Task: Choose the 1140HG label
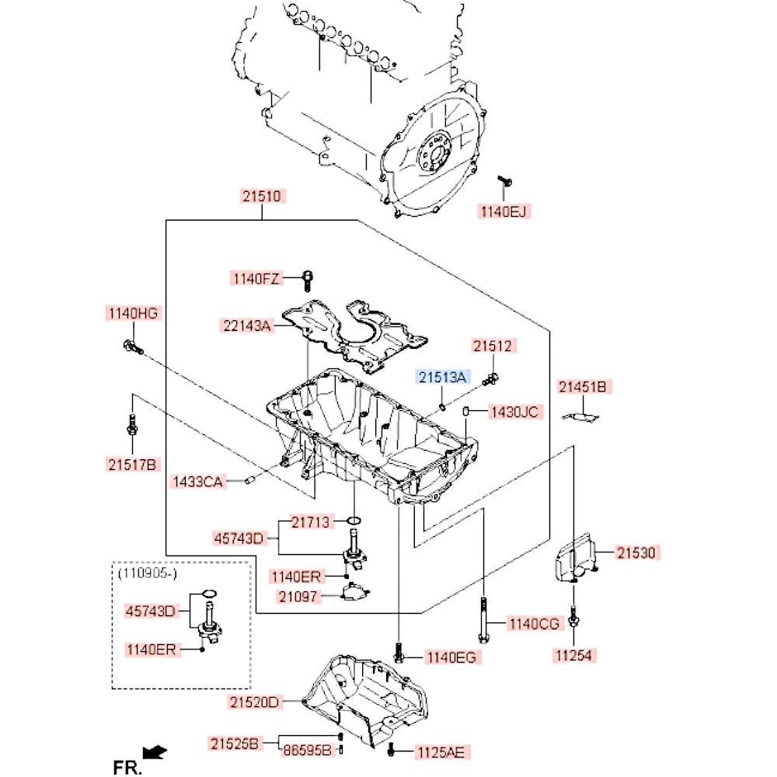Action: [132, 313]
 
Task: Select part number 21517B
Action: [132, 465]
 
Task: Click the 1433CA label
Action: [197, 483]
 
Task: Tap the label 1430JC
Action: [513, 412]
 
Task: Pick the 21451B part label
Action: [584, 386]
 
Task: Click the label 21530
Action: [637, 553]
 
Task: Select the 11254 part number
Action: [573, 655]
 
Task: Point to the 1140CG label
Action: [533, 623]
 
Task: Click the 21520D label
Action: [253, 702]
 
